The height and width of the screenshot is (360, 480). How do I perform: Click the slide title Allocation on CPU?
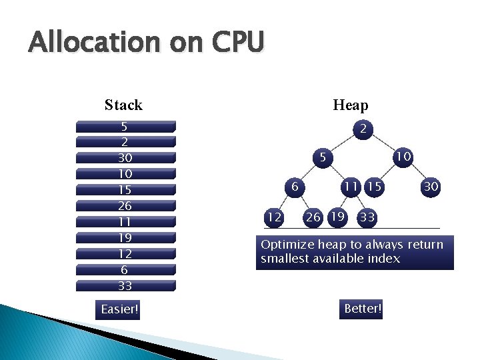pyautogui.click(x=146, y=43)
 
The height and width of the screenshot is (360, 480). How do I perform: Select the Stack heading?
pyautogui.click(x=123, y=105)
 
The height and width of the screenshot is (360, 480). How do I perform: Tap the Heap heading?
pyautogui.click(x=350, y=105)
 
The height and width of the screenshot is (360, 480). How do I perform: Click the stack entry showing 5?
pyautogui.click(x=125, y=126)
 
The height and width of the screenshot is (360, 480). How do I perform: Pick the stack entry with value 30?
pyautogui.click(x=125, y=158)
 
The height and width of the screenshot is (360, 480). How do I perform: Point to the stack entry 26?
pyautogui.click(x=125, y=206)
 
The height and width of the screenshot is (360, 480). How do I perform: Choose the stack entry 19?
pyautogui.click(x=125, y=238)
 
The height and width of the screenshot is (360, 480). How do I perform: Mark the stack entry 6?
pyautogui.click(x=125, y=270)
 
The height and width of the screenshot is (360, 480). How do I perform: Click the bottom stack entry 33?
pyautogui.click(x=125, y=286)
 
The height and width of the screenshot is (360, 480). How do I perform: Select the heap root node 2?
pyautogui.click(x=362, y=129)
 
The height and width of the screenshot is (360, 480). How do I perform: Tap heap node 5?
pyautogui.click(x=322, y=159)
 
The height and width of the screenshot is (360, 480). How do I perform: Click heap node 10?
pyautogui.click(x=402, y=156)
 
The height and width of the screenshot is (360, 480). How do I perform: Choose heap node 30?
pyautogui.click(x=431, y=187)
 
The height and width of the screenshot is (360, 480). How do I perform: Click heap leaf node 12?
pyautogui.click(x=273, y=217)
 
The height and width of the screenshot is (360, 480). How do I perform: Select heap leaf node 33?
pyautogui.click(x=367, y=217)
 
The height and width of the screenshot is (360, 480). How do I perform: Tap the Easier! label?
pyautogui.click(x=120, y=309)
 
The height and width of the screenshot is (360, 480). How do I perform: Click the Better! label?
pyautogui.click(x=363, y=309)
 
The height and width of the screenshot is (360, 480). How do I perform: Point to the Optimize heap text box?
pyautogui.click(x=354, y=252)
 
